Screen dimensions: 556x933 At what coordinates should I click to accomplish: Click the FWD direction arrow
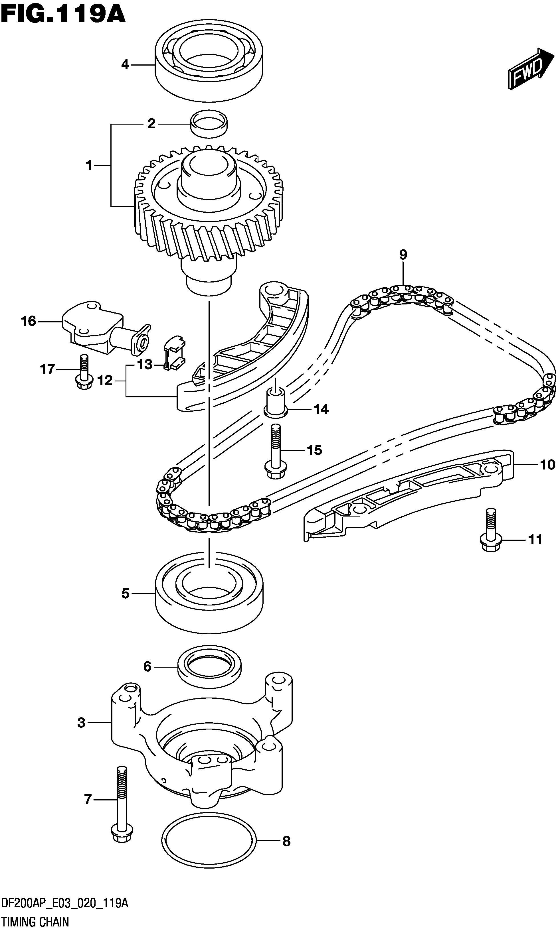pyautogui.click(x=531, y=69)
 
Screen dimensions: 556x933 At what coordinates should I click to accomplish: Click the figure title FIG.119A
pyautogui.click(x=63, y=15)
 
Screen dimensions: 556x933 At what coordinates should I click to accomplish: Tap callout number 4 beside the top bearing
pyautogui.click(x=125, y=65)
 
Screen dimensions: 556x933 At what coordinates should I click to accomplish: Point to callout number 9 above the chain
pyautogui.click(x=403, y=255)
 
